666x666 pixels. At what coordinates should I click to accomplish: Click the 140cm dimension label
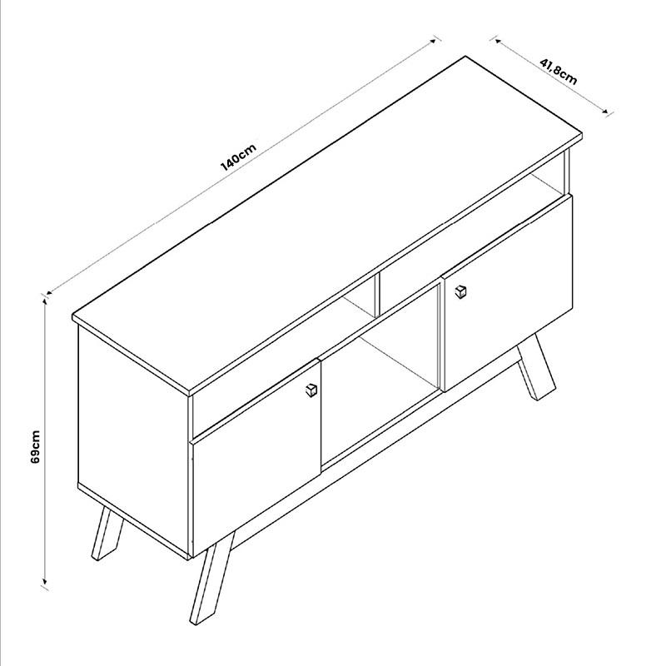[238, 157]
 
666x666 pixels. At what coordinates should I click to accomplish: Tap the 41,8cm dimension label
[559, 72]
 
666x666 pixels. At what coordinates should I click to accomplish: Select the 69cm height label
[35, 447]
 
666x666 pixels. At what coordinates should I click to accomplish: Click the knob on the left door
[311, 390]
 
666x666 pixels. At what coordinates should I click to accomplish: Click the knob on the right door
[460, 291]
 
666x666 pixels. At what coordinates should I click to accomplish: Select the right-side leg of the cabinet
[536, 367]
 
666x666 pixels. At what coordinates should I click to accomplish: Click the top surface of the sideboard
[327, 225]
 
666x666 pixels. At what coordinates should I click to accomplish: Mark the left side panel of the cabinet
[133, 442]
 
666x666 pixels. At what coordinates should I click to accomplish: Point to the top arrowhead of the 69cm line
[44, 301]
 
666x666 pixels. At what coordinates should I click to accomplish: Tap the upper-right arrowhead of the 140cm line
[433, 41]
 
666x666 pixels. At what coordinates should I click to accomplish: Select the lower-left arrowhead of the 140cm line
[50, 292]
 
